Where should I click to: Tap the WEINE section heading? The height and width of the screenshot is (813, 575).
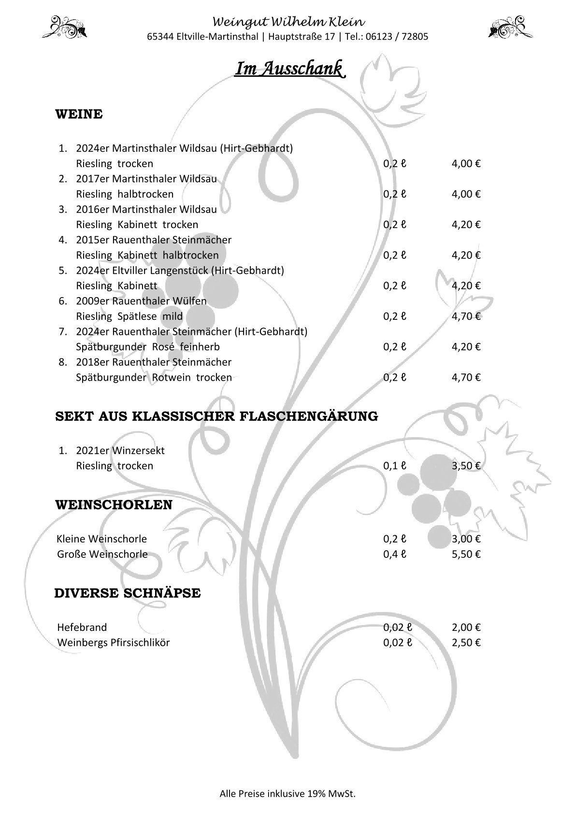click(79, 114)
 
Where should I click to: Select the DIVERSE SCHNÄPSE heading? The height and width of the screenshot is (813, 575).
click(128, 593)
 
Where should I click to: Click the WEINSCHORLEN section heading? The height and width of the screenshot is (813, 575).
click(114, 505)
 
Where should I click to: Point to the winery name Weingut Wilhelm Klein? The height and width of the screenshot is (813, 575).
click(289, 22)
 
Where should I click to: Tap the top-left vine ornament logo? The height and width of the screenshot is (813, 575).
click(65, 27)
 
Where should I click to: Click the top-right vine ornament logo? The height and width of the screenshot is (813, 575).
click(510, 27)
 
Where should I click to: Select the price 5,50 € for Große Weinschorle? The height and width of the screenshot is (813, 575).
click(466, 554)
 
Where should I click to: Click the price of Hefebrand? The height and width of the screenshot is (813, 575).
click(466, 628)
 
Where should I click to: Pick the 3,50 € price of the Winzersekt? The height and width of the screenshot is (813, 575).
click(466, 466)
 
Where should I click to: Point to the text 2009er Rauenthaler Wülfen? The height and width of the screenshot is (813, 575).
click(141, 301)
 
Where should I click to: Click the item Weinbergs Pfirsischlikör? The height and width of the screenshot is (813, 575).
click(114, 643)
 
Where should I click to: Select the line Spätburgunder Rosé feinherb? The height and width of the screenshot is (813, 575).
click(148, 347)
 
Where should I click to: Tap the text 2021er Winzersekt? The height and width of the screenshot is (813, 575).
click(120, 451)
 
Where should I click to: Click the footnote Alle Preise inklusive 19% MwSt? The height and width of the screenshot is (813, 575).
click(287, 793)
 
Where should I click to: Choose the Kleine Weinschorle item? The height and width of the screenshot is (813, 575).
click(102, 539)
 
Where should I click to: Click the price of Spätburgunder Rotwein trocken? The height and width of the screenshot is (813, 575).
click(466, 377)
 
